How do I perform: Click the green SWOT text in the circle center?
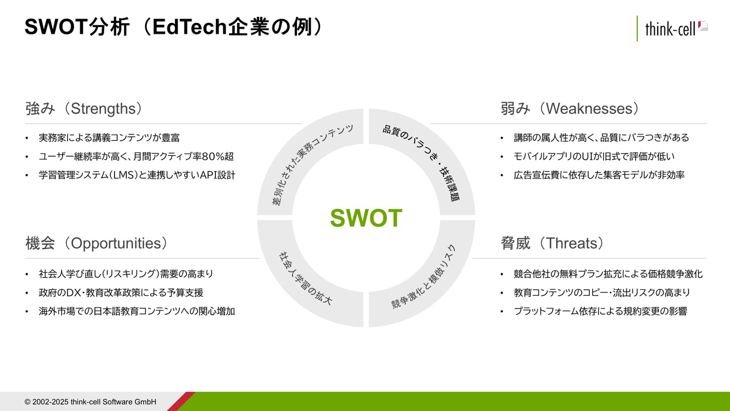point(366,218)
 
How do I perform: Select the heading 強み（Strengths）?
point(84,109)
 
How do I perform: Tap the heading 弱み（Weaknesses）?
point(570,109)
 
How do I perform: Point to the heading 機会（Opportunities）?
point(97,243)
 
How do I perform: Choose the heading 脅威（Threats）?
point(552,243)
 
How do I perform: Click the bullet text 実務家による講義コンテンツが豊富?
point(109,137)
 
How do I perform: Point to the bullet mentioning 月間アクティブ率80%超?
point(136,156)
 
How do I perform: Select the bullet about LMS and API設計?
point(137,175)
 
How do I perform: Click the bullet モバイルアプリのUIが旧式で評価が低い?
point(594,156)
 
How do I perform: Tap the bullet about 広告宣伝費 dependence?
point(599,175)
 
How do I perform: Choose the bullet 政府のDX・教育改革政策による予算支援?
point(121,292)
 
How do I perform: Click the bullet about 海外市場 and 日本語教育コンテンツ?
point(136,311)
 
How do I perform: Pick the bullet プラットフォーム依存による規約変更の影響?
point(600,311)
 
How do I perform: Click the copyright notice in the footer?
point(90,402)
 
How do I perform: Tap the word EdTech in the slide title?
point(189,27)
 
